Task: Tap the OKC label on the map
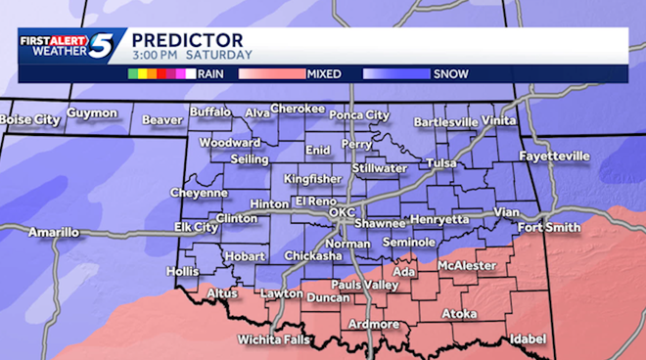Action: (342, 211)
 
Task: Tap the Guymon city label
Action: (92, 113)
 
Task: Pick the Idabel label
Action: (527, 338)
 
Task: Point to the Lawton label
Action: (281, 293)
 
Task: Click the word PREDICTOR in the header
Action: (174, 38)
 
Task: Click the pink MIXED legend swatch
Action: (269, 72)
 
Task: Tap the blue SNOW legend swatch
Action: (396, 72)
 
